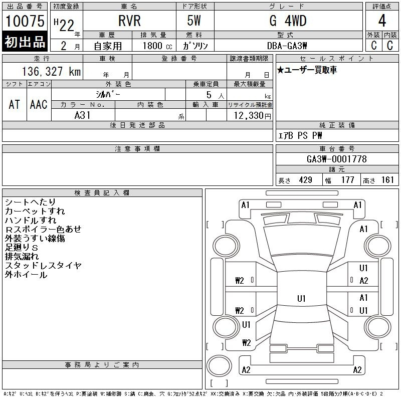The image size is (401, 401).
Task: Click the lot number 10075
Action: [x=25, y=21]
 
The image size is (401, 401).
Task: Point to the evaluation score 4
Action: [x=382, y=21]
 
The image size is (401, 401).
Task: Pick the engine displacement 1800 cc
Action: [x=153, y=46]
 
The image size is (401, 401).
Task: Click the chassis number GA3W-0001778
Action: [x=336, y=159]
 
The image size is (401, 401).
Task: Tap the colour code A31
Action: [x=83, y=115]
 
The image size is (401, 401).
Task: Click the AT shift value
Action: [x=14, y=104]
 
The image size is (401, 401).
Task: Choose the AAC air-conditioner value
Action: [x=38, y=104]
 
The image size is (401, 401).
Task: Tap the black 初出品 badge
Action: [x=25, y=42]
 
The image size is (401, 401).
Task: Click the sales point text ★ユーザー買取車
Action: [x=307, y=70]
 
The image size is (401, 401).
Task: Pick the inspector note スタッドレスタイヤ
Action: [x=43, y=266]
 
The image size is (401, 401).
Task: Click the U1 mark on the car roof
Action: [x=301, y=299]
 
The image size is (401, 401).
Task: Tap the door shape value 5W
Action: [x=195, y=21]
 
